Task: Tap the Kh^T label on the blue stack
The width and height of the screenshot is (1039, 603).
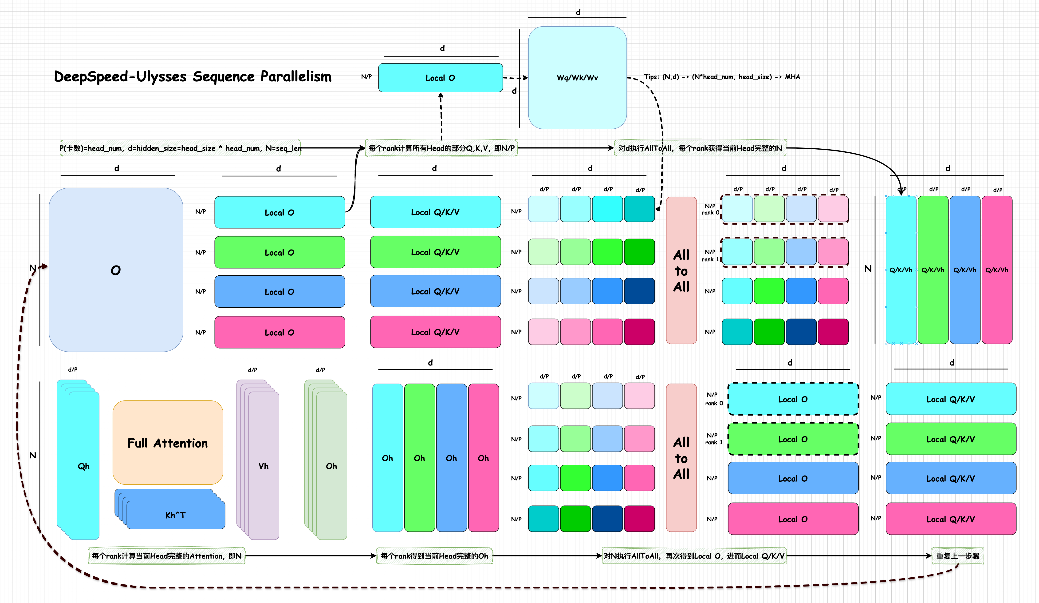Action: [176, 515]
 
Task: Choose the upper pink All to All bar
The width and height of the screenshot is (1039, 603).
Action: [681, 270]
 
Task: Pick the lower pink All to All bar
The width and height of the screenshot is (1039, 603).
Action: [681, 458]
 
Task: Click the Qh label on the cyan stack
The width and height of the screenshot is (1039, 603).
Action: [84, 466]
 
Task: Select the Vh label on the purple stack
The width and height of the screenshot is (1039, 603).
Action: [264, 466]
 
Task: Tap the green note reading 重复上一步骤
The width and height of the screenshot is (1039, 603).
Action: [957, 556]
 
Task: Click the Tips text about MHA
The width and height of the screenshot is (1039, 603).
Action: [721, 77]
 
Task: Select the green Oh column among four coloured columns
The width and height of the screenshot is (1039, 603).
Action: [419, 458]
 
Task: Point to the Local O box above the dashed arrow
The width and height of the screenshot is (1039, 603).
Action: [440, 78]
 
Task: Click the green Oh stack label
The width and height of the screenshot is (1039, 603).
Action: [331, 466]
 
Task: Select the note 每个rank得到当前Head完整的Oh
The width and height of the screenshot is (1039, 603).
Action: [434, 556]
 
